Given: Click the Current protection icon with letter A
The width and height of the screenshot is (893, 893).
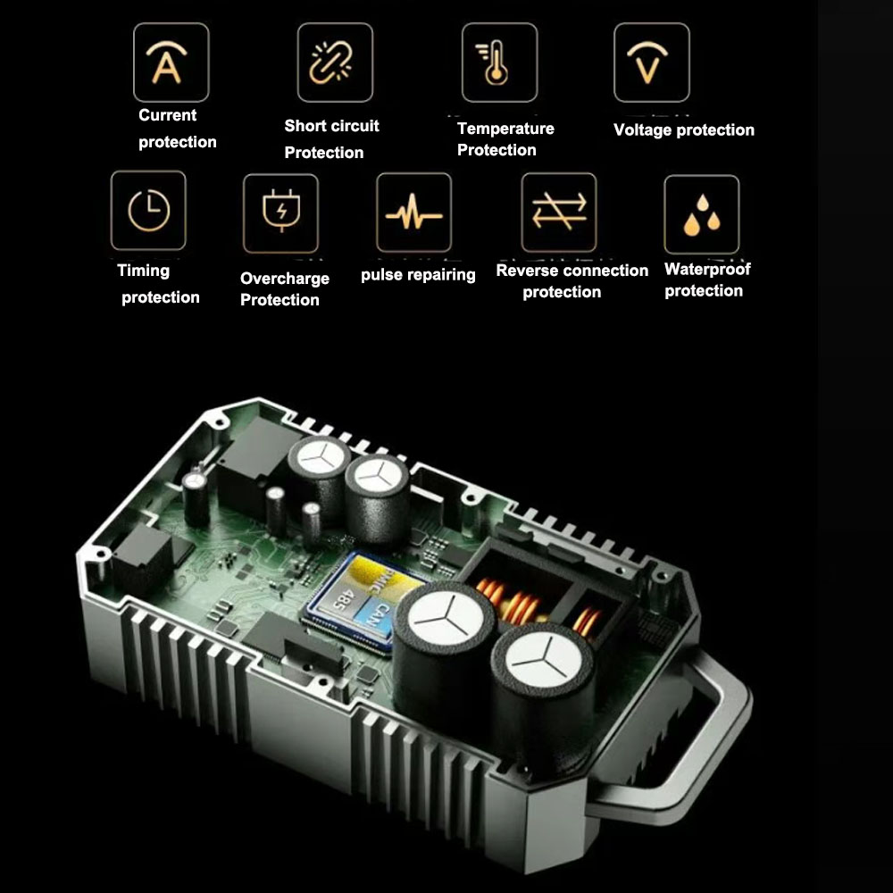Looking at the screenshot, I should coord(171,63).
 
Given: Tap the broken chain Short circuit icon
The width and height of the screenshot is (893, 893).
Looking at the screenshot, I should coord(335,63).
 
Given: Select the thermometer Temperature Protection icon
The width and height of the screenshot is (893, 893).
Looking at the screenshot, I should coord(499,63).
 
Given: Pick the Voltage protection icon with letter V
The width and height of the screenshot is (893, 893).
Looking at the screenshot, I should coord(651,63).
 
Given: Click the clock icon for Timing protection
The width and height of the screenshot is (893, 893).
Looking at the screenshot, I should coord(148,211).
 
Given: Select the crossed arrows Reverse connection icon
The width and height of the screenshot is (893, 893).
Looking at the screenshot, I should coord(559,212).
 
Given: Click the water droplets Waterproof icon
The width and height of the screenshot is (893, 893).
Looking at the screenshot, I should coord(701,214).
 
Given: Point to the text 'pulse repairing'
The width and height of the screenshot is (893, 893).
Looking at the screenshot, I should coord(418,275).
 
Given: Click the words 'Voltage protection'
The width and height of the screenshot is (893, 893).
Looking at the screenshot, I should coord(684,130).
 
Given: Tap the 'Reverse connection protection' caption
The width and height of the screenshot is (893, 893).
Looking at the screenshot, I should coord(572,281).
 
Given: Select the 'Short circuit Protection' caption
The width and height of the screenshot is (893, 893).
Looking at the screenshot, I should coord(331,139).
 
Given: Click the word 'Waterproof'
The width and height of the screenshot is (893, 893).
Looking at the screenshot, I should coord(707,270).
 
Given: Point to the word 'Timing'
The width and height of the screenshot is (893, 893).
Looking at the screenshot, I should coord(143,271).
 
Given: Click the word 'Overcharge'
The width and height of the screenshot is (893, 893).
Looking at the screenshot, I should coord(285,279).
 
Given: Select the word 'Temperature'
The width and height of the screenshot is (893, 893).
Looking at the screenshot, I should coord(505,129).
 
